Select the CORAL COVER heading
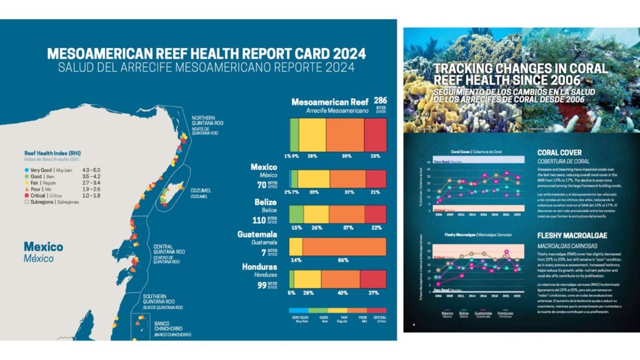point(559,152)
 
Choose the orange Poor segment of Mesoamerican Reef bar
point(345,133)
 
